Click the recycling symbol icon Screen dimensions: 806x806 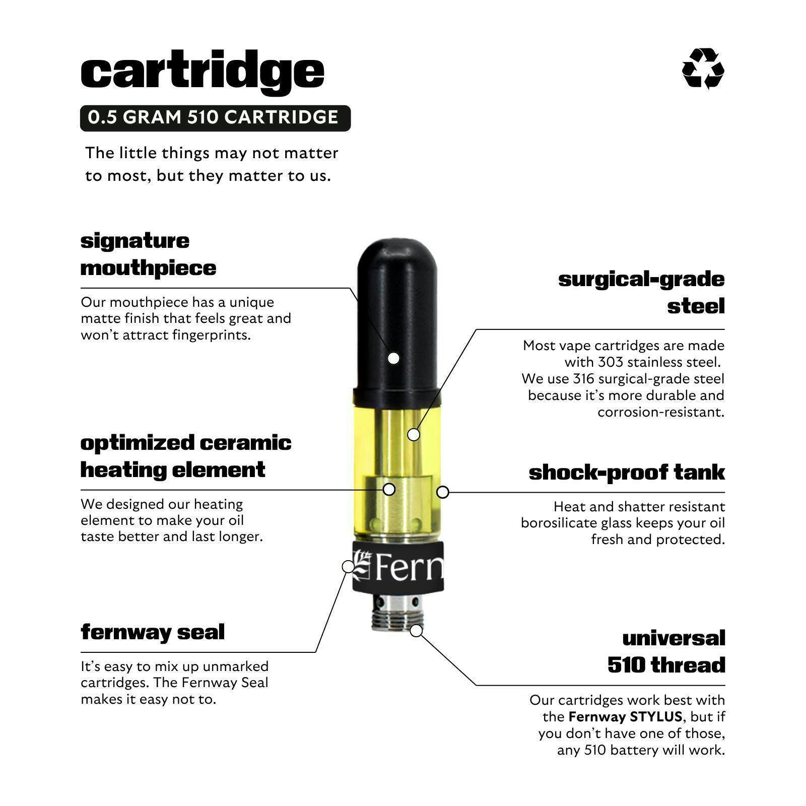(703, 69)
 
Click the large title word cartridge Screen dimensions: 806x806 (203, 72)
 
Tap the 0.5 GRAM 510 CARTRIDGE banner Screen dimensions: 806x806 (215, 118)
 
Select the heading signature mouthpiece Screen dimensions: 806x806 (148, 254)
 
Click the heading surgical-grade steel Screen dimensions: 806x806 (641, 292)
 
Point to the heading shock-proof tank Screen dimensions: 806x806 (627, 473)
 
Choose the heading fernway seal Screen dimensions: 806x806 (153, 632)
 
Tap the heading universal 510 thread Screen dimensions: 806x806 (666, 651)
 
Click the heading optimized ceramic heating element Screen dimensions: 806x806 (186, 456)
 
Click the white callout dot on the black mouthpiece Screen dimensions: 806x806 (394, 358)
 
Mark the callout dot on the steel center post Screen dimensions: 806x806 (414, 434)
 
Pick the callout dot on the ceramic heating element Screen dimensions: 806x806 (389, 489)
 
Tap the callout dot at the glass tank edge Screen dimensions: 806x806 (442, 492)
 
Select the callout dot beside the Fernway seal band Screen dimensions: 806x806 (348, 566)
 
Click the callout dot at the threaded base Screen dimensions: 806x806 (416, 630)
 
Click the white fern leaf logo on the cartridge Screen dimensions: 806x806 (362, 566)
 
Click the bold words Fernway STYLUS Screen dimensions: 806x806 (625, 716)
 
